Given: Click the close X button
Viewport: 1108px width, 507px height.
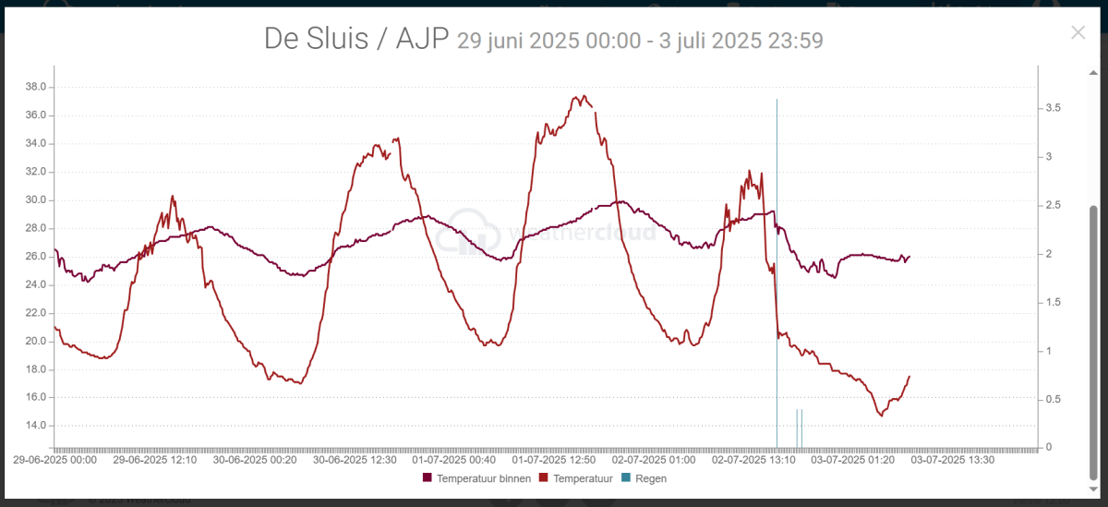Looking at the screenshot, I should pos(1078,32).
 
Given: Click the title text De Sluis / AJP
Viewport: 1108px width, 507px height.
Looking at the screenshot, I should pos(355,39).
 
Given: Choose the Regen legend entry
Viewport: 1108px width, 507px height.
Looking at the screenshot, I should pos(650,478).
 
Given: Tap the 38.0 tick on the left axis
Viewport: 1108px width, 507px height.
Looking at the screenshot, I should pos(37,87).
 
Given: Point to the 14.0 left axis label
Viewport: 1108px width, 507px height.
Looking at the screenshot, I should pos(37,426).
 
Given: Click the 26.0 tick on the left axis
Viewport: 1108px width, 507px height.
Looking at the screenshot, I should pos(37,257).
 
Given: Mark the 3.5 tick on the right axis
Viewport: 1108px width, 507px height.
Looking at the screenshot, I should pos(1052,108).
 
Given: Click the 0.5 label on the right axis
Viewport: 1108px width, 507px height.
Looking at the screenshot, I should pos(1052,400).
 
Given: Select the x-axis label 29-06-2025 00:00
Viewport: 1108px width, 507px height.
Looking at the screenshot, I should pos(54,459).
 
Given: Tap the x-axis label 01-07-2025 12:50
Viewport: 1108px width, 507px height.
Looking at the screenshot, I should pos(554,459).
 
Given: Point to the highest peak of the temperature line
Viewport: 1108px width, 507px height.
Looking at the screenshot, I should pos(580,96).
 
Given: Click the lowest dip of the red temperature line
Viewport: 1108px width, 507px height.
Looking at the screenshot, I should pos(881,416).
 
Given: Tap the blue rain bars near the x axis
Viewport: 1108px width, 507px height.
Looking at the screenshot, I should pos(799,428).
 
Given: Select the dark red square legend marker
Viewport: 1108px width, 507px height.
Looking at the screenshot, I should pos(428,478).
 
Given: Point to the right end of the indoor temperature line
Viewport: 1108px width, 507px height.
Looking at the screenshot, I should pos(909,257).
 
